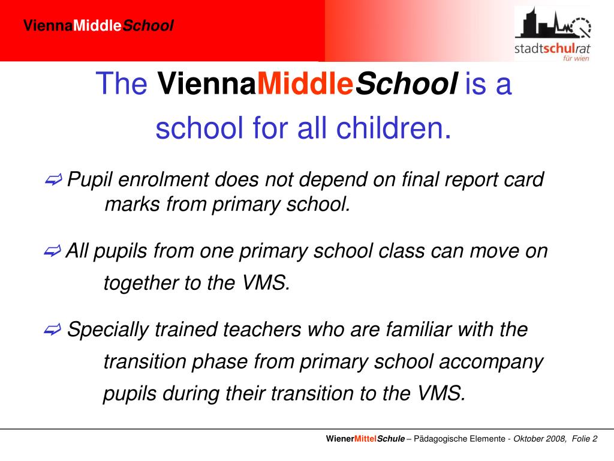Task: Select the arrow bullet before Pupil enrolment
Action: [53, 179]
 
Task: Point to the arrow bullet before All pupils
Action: [53, 252]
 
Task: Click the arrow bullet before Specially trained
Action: [53, 330]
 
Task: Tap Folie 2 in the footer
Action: [585, 439]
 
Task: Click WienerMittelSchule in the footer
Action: [365, 439]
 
